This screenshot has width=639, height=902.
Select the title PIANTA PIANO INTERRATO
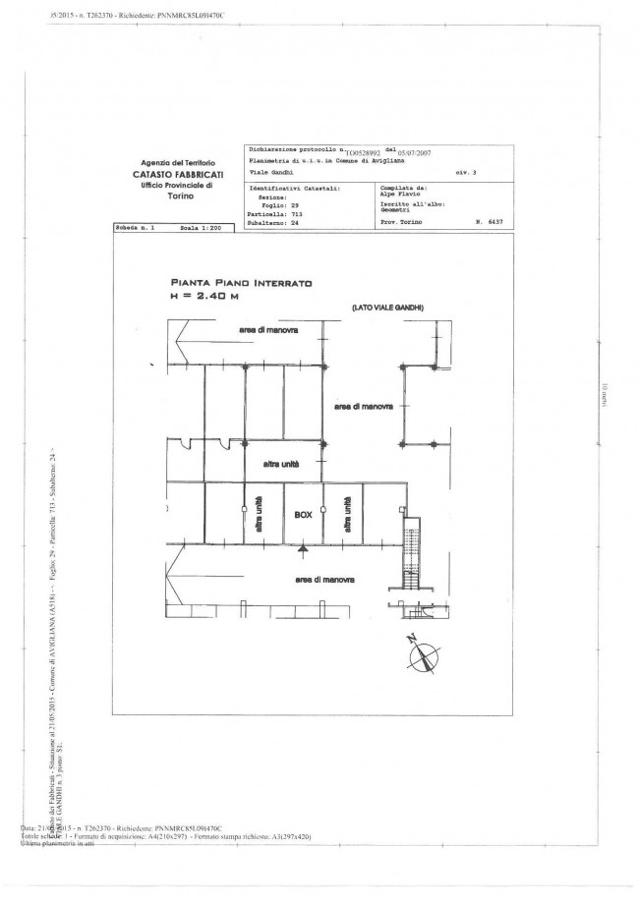tap(241, 282)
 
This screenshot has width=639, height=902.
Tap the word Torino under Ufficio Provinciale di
tap(182, 197)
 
